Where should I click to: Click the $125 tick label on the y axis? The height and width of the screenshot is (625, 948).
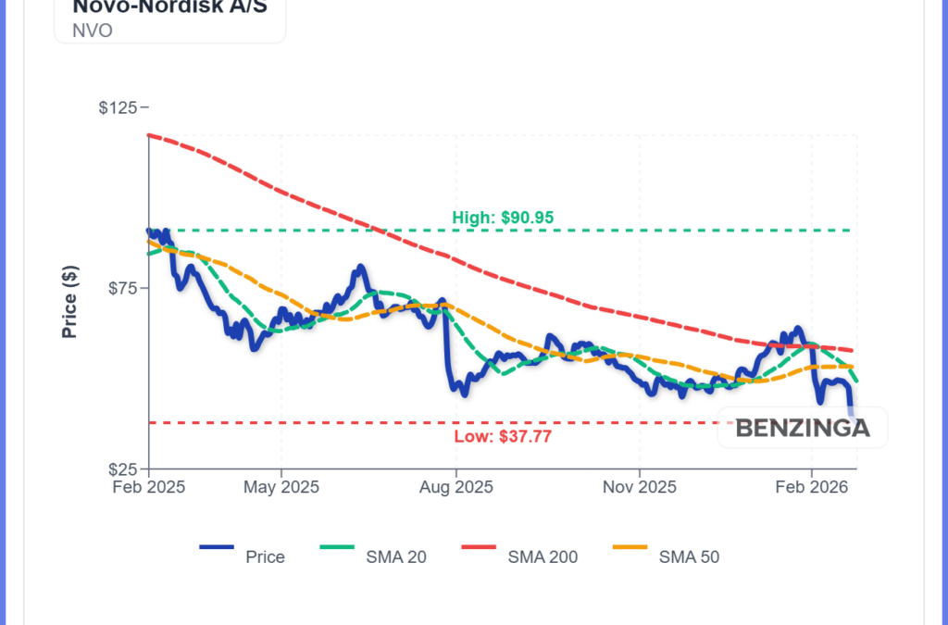click(x=118, y=107)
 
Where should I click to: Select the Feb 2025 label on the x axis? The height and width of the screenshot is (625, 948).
click(x=150, y=487)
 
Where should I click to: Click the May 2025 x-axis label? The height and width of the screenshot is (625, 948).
click(x=282, y=487)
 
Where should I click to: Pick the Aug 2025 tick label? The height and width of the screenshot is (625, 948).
click(x=455, y=487)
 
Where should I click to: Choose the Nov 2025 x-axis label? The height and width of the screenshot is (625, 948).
click(x=639, y=487)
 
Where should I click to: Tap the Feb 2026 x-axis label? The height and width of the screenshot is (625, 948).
click(x=812, y=487)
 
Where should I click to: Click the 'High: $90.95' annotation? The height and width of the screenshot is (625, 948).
click(x=503, y=218)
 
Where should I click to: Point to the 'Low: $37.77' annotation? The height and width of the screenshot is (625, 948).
click(x=503, y=437)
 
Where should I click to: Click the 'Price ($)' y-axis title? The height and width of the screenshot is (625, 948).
click(x=69, y=302)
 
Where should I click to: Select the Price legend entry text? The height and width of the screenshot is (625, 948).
click(x=265, y=557)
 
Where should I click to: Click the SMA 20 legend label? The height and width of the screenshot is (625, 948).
click(x=395, y=557)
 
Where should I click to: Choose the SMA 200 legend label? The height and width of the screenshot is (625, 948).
click(x=543, y=557)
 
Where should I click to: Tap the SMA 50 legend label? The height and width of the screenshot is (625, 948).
click(x=689, y=557)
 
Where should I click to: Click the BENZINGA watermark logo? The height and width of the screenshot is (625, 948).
click(x=803, y=428)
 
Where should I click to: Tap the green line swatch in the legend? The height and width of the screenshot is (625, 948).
click(x=337, y=548)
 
